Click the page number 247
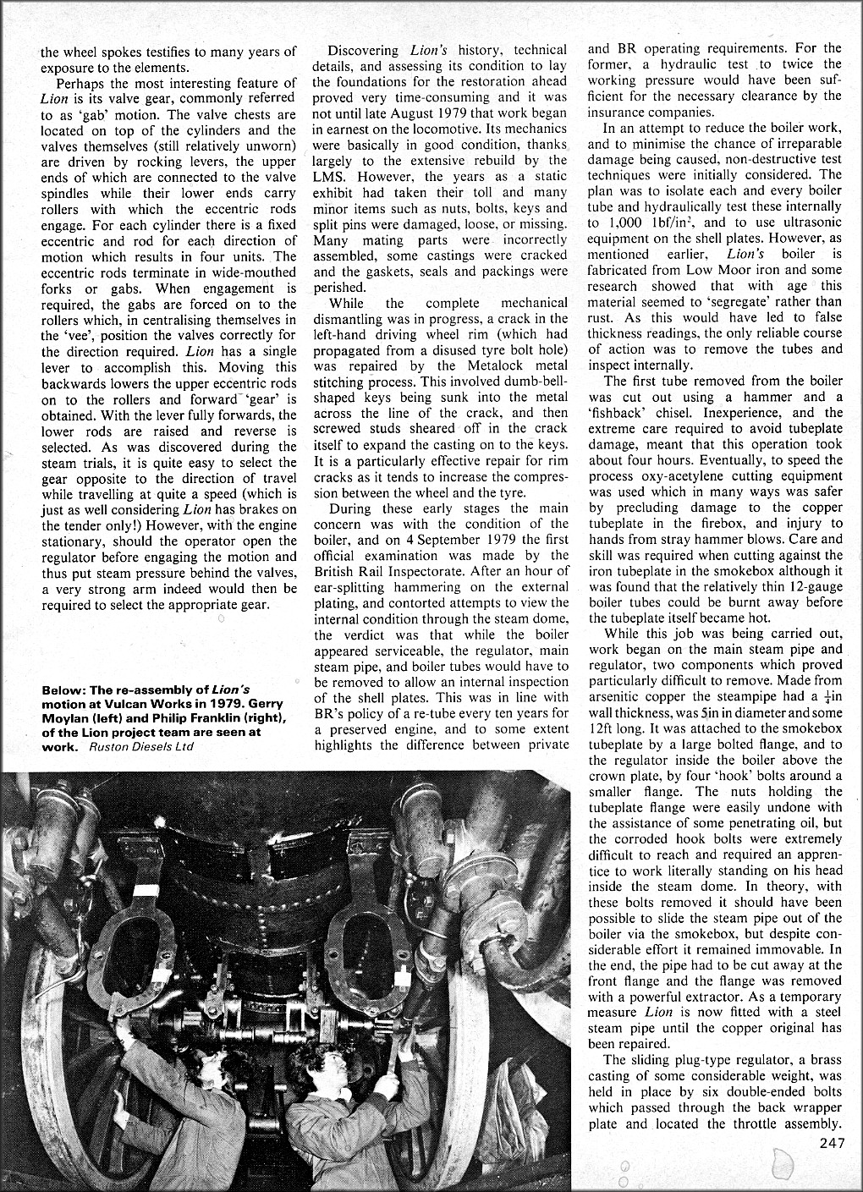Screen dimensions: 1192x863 833,1145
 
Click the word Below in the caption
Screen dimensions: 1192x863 61,690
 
